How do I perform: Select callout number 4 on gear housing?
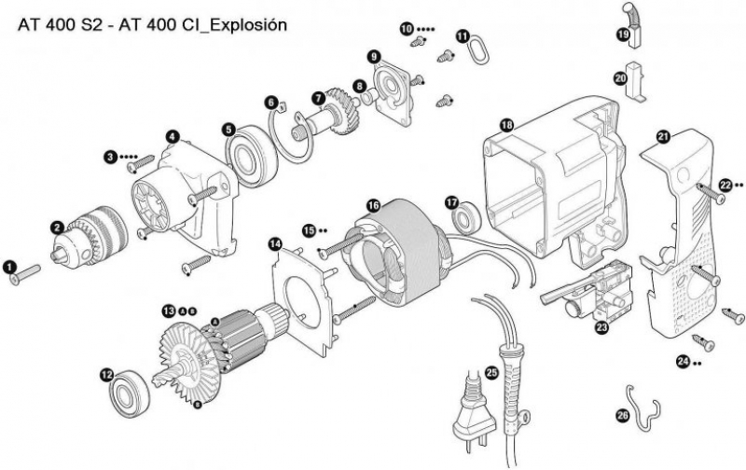(173, 136)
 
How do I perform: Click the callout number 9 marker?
(373, 57)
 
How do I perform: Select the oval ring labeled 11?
(477, 48)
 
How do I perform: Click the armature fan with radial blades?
(190, 349)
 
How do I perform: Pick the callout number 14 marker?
(275, 243)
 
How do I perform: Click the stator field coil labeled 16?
(396, 251)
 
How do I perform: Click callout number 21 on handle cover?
(663, 137)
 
